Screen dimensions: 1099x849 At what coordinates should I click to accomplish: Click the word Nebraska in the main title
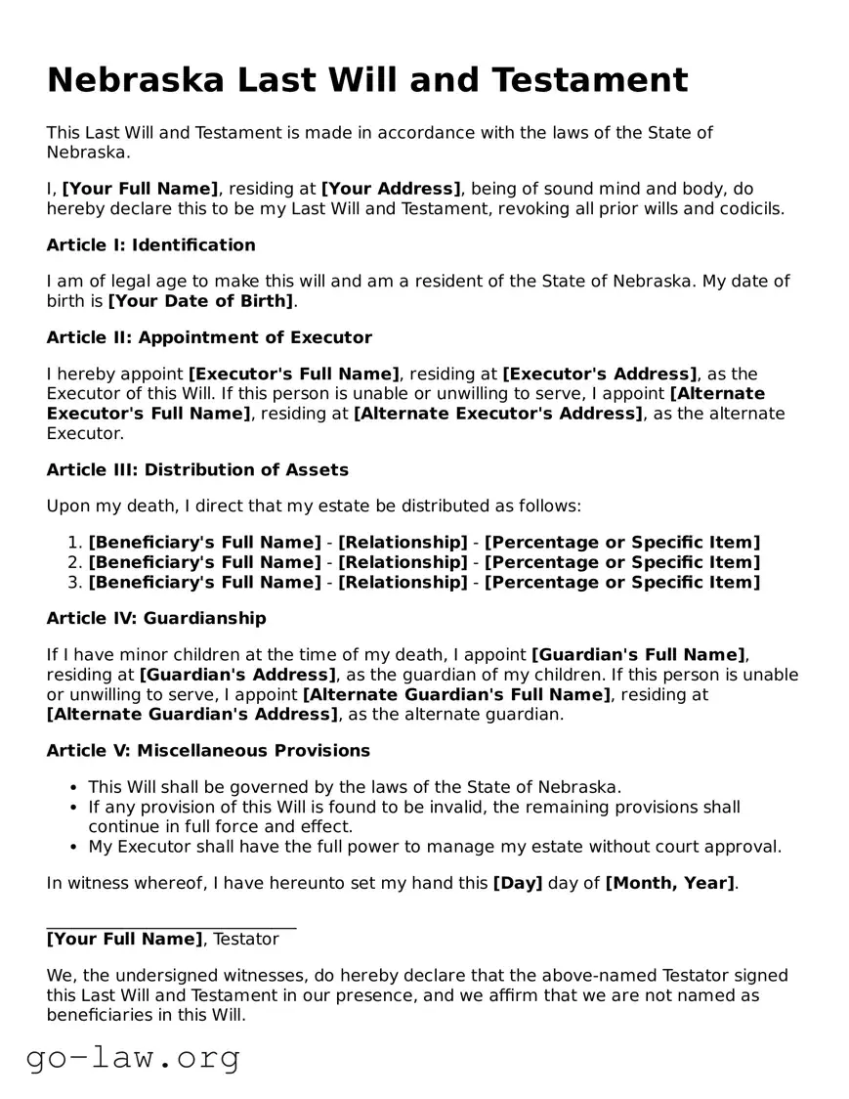135,79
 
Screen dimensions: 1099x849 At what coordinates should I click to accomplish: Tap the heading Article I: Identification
150,244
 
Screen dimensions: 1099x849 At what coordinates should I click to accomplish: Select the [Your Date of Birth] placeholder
200,301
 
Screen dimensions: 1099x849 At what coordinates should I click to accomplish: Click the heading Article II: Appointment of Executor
209,337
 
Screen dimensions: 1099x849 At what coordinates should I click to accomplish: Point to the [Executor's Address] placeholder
600,374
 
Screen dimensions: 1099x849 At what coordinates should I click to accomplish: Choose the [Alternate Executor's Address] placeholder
498,414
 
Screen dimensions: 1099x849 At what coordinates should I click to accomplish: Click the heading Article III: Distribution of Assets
197,469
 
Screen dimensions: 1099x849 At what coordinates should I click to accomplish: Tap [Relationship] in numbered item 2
403,562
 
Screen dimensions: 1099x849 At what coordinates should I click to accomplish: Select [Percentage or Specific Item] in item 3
621,583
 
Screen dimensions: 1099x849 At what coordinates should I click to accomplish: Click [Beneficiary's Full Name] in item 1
204,542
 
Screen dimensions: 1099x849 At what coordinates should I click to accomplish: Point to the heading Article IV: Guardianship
156,618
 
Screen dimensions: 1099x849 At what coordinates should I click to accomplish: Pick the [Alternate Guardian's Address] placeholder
191,714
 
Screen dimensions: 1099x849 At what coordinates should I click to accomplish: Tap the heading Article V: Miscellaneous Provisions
208,750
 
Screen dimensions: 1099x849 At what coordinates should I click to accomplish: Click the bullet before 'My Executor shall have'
74,847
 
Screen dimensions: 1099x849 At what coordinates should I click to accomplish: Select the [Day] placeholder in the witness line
518,883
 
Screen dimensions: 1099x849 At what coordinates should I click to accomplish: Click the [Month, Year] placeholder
669,883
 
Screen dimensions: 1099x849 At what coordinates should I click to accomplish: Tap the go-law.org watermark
133,1057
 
